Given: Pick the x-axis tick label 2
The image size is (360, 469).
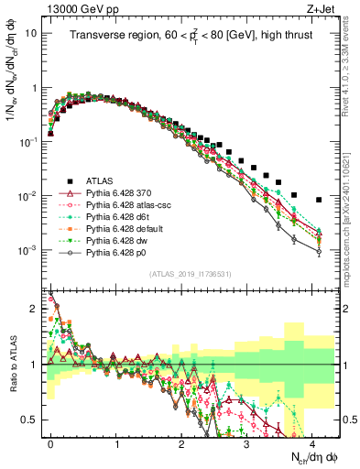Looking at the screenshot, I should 181,442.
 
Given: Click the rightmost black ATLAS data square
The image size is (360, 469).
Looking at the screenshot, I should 318,200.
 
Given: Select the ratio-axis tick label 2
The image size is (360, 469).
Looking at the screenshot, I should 36,309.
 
